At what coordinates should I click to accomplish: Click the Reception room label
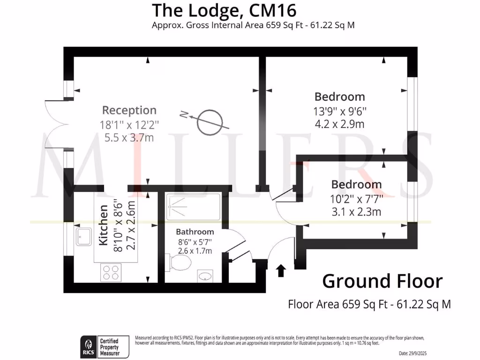coord(129,111)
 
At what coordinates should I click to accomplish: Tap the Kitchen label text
coord(104,225)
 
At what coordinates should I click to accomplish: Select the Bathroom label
coord(195,232)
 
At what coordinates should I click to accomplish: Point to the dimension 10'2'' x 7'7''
coord(356,198)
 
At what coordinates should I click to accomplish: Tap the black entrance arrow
coord(281,270)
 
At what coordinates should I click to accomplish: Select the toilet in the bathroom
coord(180,263)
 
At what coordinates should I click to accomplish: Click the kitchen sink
coord(85,237)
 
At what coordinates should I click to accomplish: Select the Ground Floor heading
coord(382,281)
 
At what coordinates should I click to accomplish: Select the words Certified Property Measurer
coord(108,346)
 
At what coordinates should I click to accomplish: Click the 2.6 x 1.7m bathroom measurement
coord(195,251)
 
